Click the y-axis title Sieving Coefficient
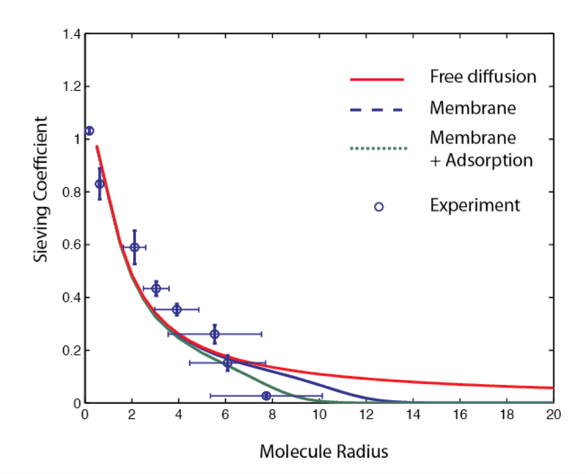click(41, 189)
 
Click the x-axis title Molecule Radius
click(324, 451)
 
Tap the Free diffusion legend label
click(483, 77)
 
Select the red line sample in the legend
click(377, 79)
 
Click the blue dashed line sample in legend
click(377, 110)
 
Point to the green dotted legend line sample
click(378, 148)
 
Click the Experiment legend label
click(474, 205)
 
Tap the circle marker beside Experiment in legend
click(379, 206)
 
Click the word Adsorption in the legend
click(489, 161)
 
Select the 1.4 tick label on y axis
click(72, 34)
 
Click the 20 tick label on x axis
click(553, 415)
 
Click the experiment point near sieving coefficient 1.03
click(89, 131)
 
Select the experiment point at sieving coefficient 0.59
click(134, 247)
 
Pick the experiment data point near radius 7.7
click(266, 396)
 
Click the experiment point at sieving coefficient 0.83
click(100, 184)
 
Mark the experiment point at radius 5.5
click(215, 334)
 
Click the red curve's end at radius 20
click(553, 388)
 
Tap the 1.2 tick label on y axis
click(72, 87)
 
